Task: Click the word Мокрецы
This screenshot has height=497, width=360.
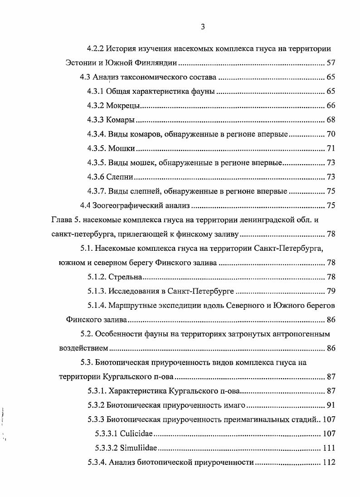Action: click(x=122, y=106)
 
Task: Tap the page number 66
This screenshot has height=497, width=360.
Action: click(x=331, y=106)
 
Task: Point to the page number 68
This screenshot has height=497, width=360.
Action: click(x=331, y=120)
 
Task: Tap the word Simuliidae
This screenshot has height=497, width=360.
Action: click(x=139, y=448)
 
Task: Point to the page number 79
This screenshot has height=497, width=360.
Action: click(x=331, y=291)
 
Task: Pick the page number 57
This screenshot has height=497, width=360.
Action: click(x=331, y=63)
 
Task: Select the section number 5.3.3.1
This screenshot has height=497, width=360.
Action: click(x=107, y=434)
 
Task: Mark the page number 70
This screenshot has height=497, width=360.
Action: click(x=331, y=135)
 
